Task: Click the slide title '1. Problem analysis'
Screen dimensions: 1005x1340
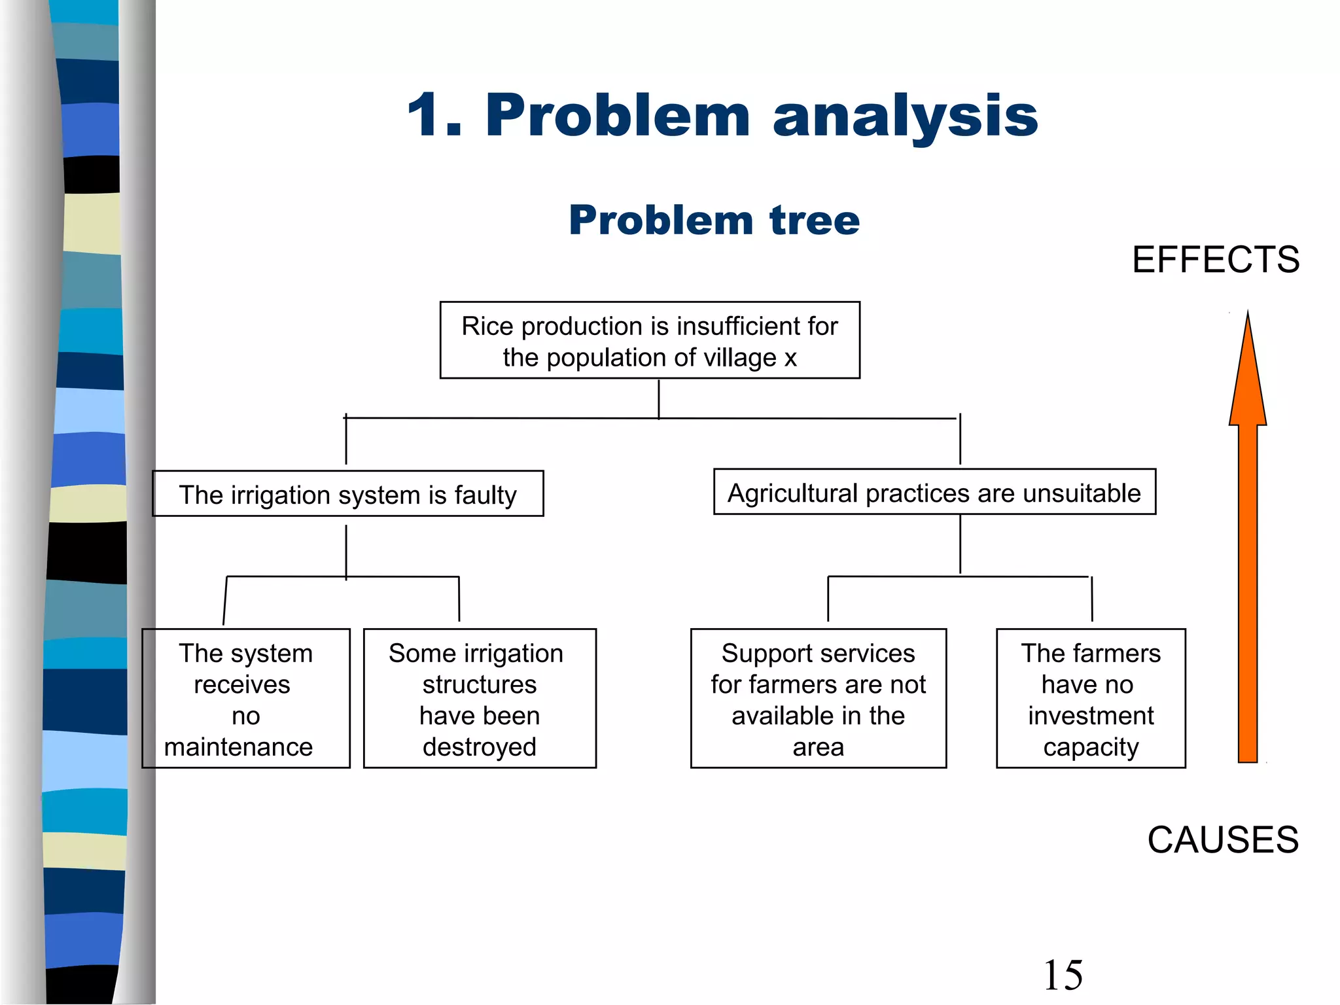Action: pyautogui.click(x=722, y=116)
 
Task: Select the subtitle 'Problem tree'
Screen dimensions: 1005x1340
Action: pyautogui.click(x=714, y=220)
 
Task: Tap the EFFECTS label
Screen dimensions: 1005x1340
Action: pyautogui.click(x=1216, y=260)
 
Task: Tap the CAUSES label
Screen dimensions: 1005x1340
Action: pyautogui.click(x=1222, y=839)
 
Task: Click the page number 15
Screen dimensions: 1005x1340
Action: pyautogui.click(x=1063, y=975)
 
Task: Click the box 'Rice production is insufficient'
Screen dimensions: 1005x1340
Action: pyautogui.click(x=650, y=340)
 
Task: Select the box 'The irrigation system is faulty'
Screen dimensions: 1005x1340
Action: pyautogui.click(x=347, y=494)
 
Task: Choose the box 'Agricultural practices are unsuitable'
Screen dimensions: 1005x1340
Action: pyautogui.click(x=934, y=492)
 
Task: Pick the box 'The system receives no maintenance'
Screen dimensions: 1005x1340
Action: pyautogui.click(x=246, y=699)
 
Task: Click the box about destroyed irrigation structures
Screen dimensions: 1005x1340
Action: pyautogui.click(x=480, y=699)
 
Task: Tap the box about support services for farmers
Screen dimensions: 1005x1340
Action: pyautogui.click(x=818, y=699)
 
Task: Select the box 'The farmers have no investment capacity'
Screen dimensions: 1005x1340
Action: pyautogui.click(x=1091, y=699)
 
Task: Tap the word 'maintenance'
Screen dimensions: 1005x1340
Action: pyautogui.click(x=238, y=747)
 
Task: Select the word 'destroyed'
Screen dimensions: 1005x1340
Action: pyautogui.click(x=480, y=747)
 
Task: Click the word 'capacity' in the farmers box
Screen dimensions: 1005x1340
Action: pyautogui.click(x=1091, y=747)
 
